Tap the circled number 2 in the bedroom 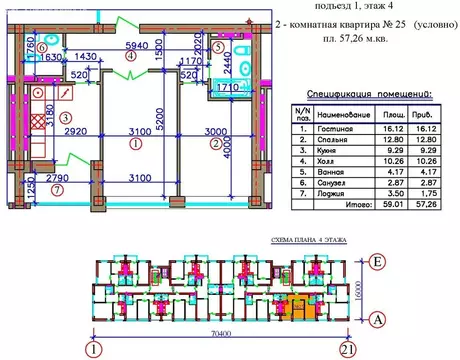pos(214,143)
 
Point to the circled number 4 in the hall pos(131,56)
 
